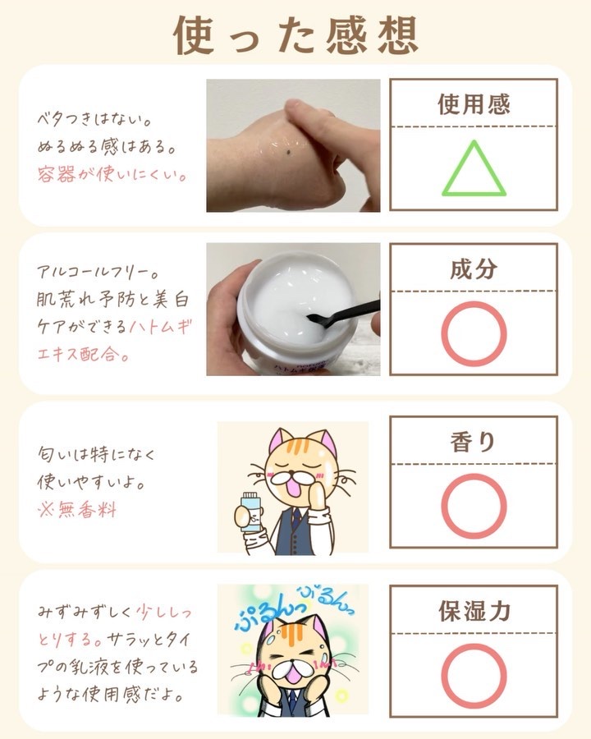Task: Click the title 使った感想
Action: pos(295,35)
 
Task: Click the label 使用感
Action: pos(474,104)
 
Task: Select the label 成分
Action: pos(474,269)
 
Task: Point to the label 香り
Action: pos(473,442)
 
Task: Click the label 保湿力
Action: pos(474,611)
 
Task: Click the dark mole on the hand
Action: pos(288,152)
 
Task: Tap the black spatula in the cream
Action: pos(342,312)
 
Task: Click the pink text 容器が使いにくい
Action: pos(112,174)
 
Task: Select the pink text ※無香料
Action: pos(77,509)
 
